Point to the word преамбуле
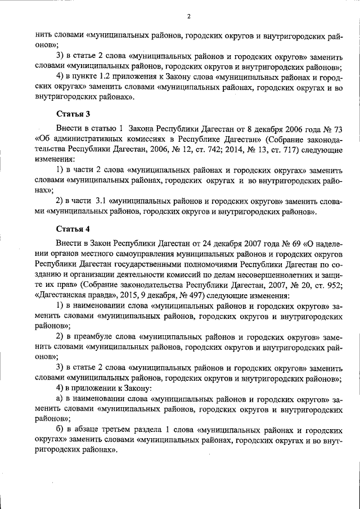(93, 336)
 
